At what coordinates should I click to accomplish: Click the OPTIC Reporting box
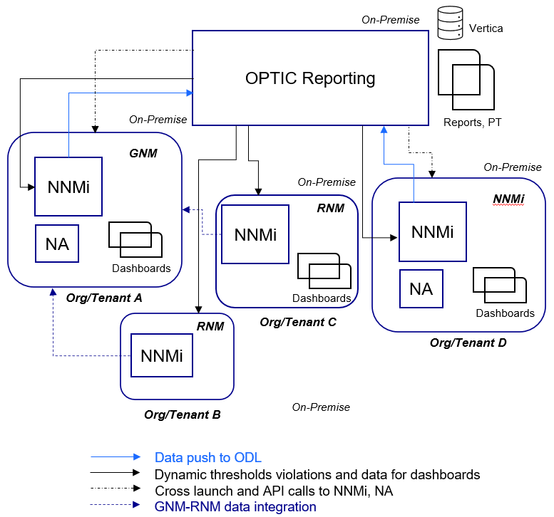309,78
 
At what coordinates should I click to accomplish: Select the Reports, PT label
472,122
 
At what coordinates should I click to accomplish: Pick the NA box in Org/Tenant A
57,244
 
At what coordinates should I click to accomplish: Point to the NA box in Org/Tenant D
421,289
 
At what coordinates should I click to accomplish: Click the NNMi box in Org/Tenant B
161,355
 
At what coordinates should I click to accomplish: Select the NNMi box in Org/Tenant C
255,234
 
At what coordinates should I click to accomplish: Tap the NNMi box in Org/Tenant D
432,231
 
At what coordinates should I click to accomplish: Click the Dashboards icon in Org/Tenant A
135,240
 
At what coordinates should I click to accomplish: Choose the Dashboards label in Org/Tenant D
505,313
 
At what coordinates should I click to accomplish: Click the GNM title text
143,153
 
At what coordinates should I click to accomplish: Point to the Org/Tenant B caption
183,414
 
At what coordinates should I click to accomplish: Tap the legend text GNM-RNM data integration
235,507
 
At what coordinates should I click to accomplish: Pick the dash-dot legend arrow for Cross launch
116,491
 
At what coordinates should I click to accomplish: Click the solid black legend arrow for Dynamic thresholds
116,474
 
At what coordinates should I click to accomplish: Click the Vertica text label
486,28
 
